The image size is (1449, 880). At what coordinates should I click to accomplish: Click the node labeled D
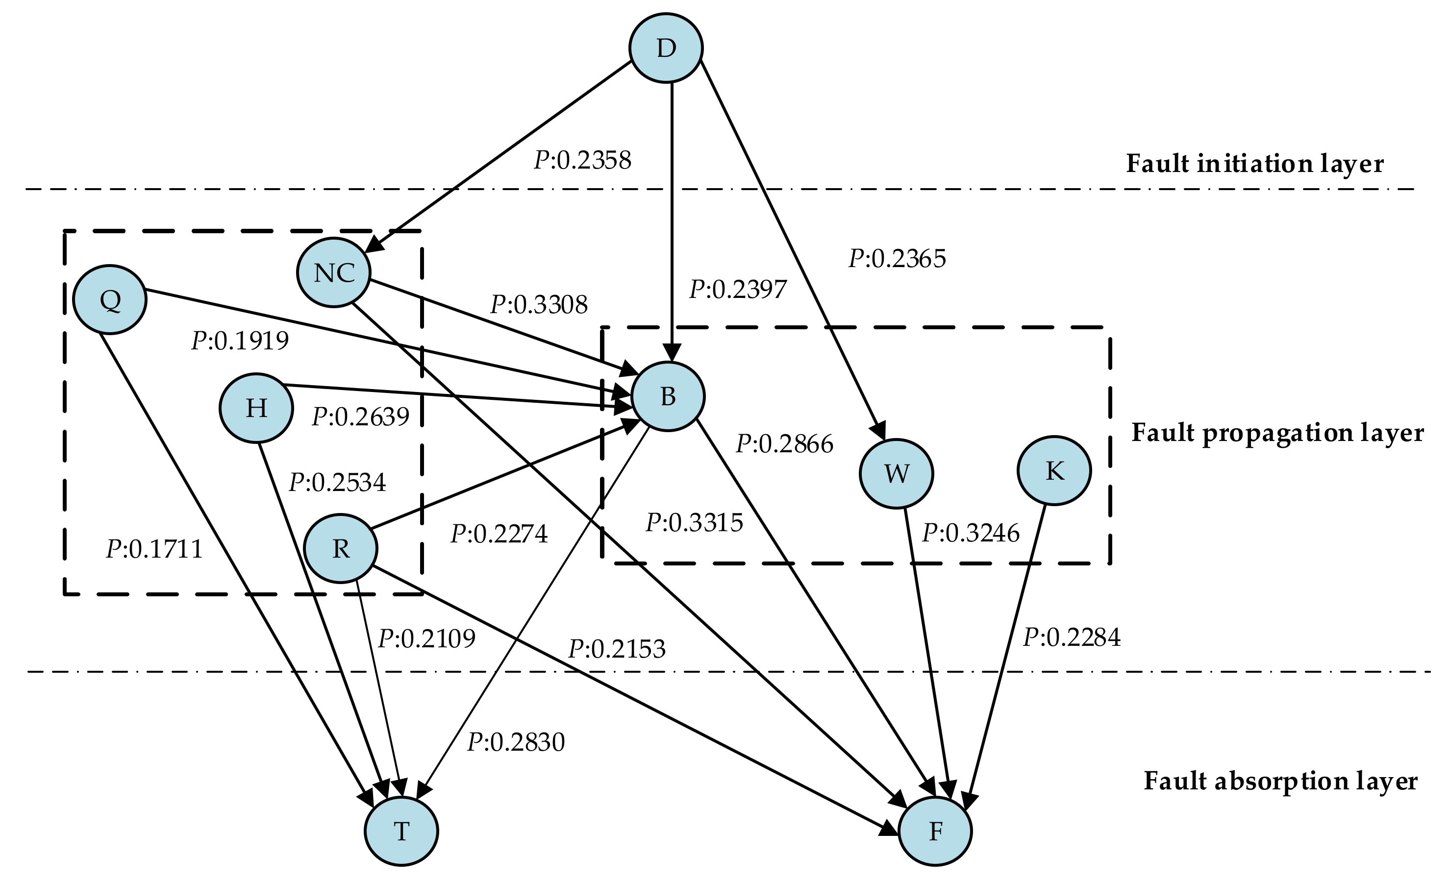666,48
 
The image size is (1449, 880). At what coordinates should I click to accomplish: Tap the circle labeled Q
110,300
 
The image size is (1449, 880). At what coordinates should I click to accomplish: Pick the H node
256,407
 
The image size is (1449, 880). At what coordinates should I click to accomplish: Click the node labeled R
341,548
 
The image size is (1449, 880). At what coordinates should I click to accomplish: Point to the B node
668,397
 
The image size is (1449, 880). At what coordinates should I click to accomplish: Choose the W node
896,473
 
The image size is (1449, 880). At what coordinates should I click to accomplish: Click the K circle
1054,470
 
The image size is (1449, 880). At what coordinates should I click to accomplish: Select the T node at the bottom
401,831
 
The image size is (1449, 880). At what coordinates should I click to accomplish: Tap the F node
935,831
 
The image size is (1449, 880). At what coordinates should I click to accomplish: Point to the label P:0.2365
897,259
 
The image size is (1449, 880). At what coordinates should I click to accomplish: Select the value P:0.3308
539,304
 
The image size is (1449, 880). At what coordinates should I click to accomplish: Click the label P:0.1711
154,550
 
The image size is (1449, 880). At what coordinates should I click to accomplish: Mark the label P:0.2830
516,742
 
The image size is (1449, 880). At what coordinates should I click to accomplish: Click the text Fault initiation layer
1254,164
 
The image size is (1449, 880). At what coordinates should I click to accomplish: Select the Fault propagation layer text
1277,433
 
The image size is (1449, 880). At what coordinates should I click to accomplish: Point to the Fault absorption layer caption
1280,781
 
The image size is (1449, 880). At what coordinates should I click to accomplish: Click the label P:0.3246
970,533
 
